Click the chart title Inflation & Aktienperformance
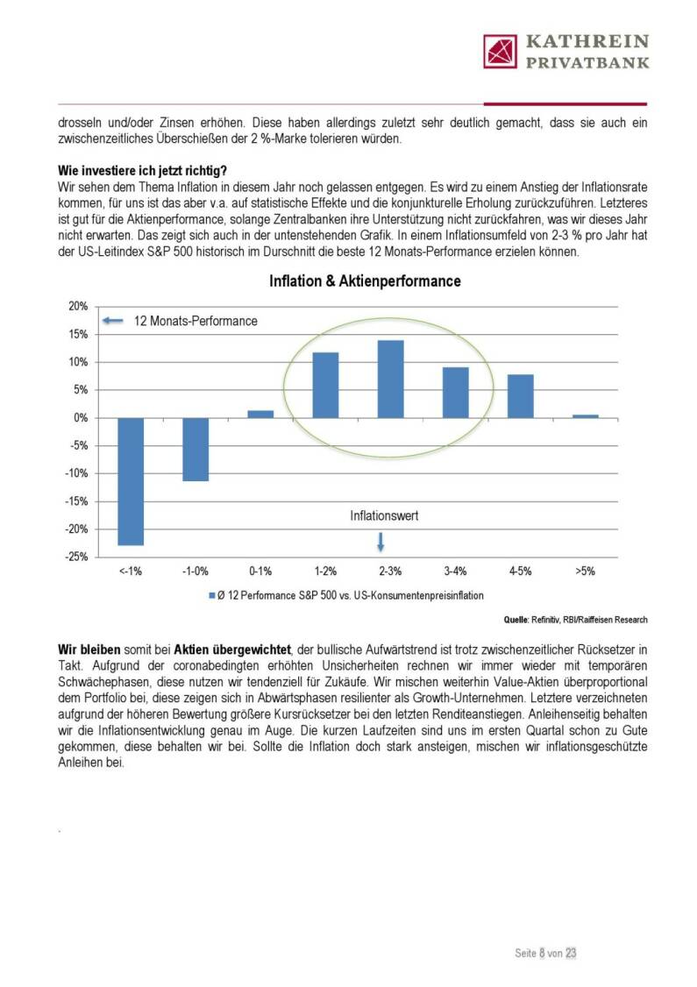point(365,281)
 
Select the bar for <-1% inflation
point(131,481)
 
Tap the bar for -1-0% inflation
point(196,449)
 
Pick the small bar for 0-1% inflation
point(260,414)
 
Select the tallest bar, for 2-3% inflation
point(390,379)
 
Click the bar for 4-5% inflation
point(520,396)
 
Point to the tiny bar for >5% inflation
point(585,415)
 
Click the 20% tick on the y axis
point(77,306)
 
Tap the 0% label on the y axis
point(80,418)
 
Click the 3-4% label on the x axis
point(455,572)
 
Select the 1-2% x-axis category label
point(325,572)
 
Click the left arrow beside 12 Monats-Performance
point(113,321)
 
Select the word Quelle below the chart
point(516,620)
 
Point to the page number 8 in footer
point(543,952)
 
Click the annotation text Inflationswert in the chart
point(384,516)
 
